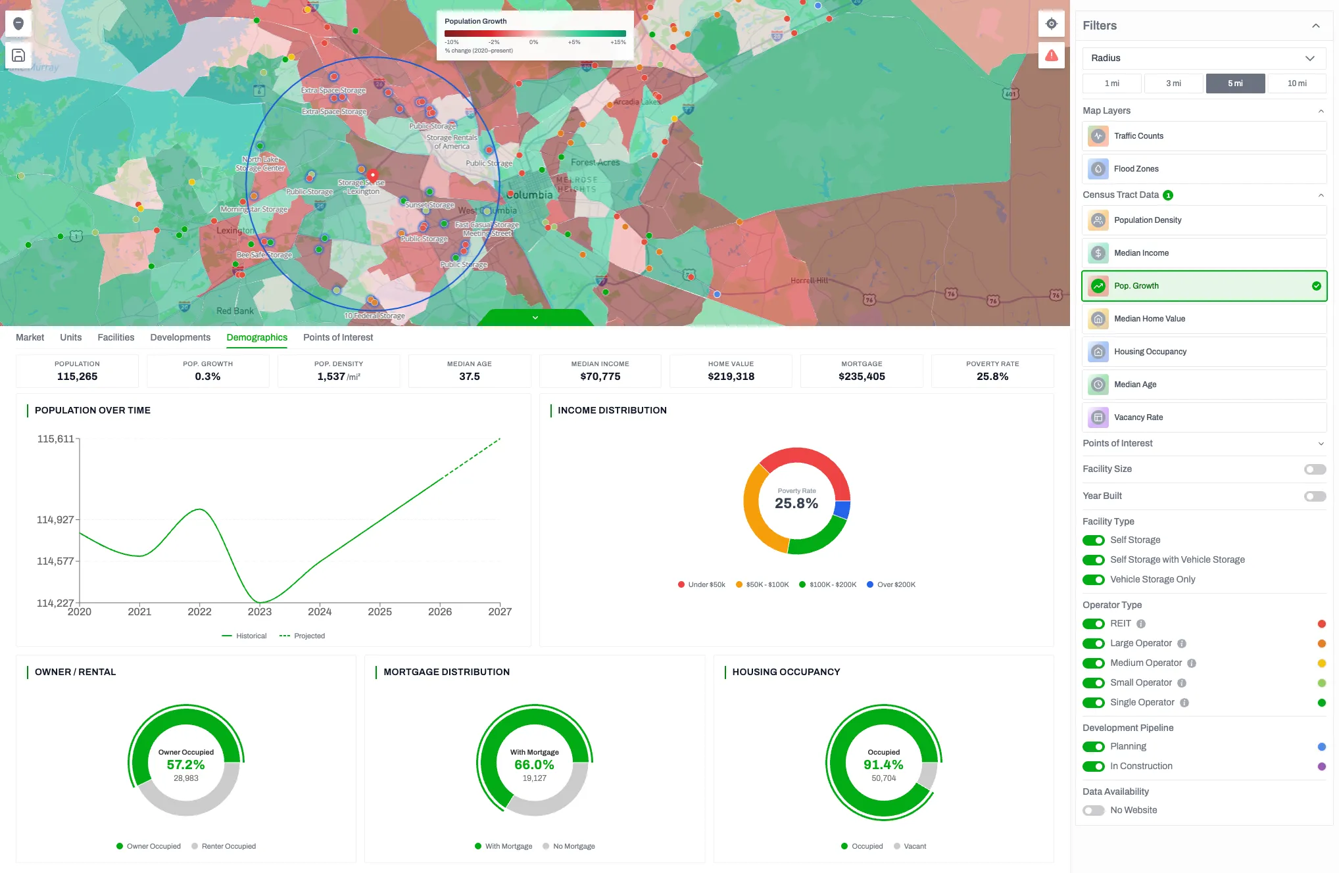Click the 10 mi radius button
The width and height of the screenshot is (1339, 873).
click(1296, 83)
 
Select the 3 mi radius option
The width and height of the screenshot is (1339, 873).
click(1173, 83)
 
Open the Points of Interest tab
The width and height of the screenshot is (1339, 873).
click(337, 337)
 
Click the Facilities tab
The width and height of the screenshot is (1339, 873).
click(116, 337)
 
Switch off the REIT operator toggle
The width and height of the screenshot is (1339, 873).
click(1093, 624)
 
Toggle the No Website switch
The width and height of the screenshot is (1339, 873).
click(1093, 811)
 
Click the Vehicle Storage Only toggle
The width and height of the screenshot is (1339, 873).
click(1093, 580)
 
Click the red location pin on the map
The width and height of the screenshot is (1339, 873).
click(373, 176)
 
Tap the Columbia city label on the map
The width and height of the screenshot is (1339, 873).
click(530, 195)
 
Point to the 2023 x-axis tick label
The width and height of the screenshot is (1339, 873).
click(259, 612)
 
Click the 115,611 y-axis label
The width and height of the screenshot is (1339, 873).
click(56, 439)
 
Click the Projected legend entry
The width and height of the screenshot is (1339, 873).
click(303, 636)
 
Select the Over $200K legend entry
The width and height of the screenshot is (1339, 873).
click(891, 584)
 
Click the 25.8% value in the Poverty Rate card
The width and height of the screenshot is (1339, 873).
click(992, 377)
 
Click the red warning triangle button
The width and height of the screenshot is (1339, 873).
click(1051, 55)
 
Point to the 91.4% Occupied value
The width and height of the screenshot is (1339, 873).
click(883, 765)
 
